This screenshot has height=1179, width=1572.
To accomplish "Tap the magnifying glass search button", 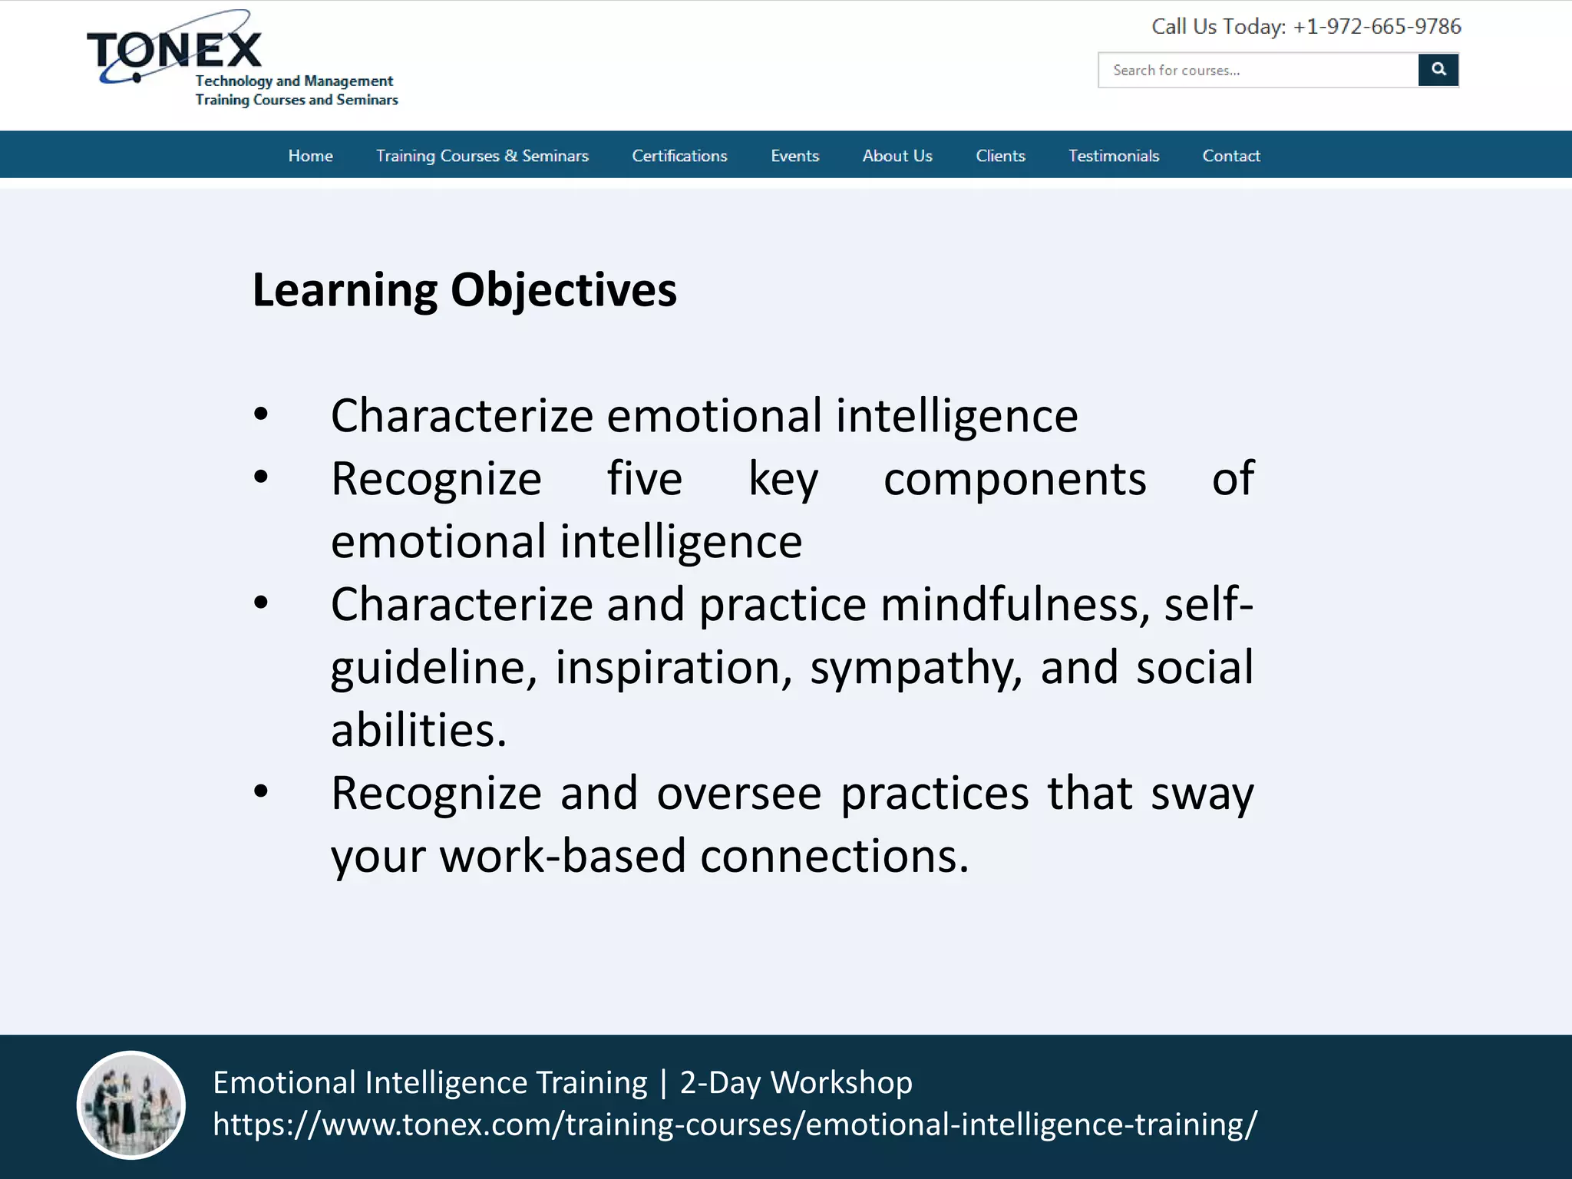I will coord(1438,70).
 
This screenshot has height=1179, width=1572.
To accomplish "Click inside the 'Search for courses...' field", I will coord(1257,71).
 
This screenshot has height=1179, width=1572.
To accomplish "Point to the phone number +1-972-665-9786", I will coord(1376,27).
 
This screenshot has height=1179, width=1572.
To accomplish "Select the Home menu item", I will coord(310,156).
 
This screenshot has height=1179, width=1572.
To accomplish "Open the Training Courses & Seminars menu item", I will coord(482,156).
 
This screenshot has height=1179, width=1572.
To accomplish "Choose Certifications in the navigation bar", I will coord(679,156).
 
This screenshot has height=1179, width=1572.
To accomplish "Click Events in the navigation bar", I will coord(794,156).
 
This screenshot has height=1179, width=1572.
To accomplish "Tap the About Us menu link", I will coord(897,156).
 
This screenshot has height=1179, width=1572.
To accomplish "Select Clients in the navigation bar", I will coord(1000,156).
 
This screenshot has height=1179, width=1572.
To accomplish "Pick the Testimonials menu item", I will coord(1114,156).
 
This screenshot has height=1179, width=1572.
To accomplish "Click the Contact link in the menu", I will coord(1230,156).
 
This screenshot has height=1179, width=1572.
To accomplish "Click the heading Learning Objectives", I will coord(464,290).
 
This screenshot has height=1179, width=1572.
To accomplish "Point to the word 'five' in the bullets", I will coord(644,479).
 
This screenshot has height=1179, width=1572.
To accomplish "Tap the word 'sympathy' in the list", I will coord(916,668).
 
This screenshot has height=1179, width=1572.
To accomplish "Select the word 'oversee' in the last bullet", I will coord(738,794).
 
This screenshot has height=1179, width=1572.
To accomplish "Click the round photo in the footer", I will coord(131,1105).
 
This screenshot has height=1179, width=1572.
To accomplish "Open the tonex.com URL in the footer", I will coord(735,1124).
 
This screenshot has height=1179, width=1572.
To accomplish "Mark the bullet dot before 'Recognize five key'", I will coord(261,477).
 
